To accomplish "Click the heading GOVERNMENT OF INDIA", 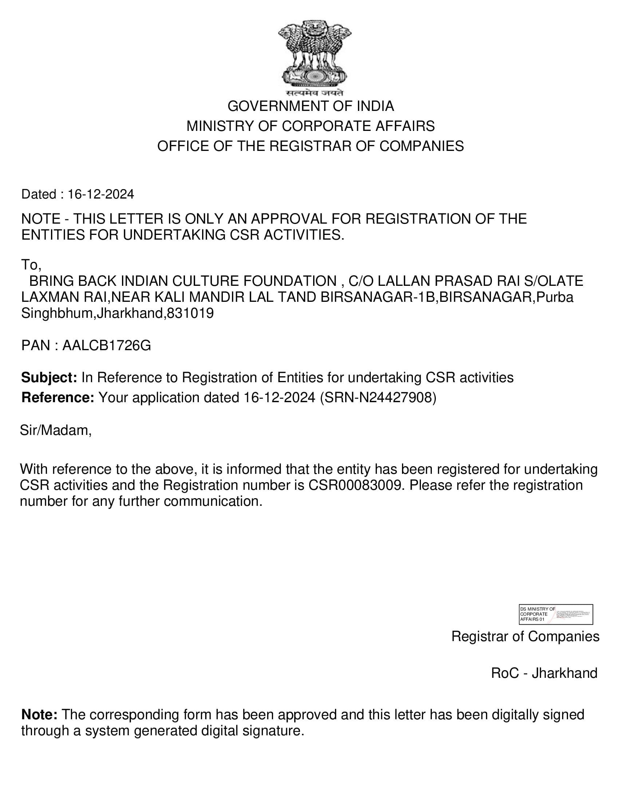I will click(311, 106).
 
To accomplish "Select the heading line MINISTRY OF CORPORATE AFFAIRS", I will click(310, 127).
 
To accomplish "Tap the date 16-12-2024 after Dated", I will click(101, 194).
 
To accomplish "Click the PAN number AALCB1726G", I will click(106, 345).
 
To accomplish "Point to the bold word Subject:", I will click(49, 377).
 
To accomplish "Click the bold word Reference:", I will click(58, 397).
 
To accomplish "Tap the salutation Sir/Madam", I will click(55, 431).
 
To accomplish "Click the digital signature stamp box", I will click(556, 614).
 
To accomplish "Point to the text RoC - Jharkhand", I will click(544, 673).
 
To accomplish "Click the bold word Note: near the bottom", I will click(39, 714).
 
